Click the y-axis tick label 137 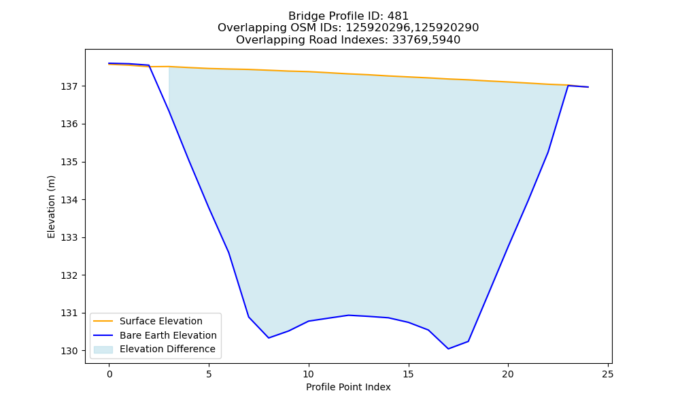[x=69, y=87]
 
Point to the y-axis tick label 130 [x=69, y=351]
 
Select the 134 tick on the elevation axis [x=69, y=200]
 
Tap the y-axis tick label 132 [x=69, y=275]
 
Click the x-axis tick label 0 [x=109, y=374]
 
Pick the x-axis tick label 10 [x=308, y=374]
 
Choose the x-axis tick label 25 [x=607, y=374]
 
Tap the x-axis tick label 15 [x=408, y=374]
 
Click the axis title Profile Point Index [x=348, y=387]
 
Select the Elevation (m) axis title [x=51, y=207]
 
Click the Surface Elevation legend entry [x=161, y=321]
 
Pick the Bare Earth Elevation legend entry [x=168, y=335]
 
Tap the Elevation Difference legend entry [x=167, y=349]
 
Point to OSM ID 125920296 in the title [x=378, y=28]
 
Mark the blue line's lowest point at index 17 [x=448, y=349]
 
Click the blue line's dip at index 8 [x=269, y=338]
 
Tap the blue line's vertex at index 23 [x=568, y=86]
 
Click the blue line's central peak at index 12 [x=349, y=316]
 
